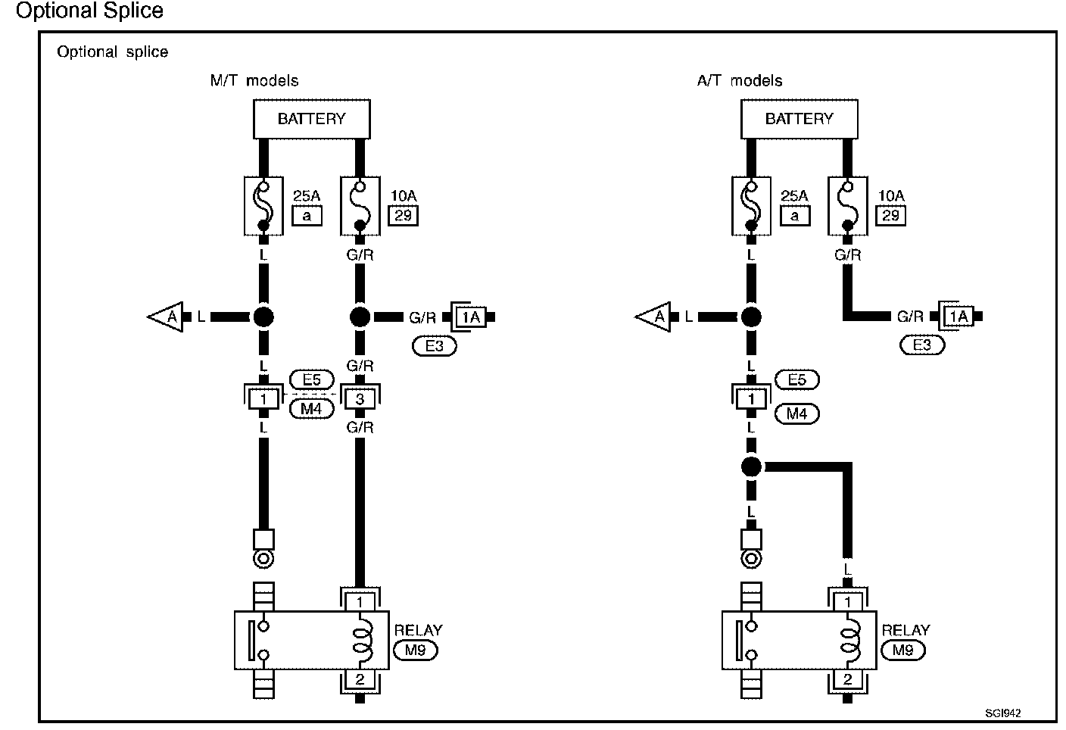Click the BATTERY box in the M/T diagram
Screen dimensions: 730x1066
[311, 119]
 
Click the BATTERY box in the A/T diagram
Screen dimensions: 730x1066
[799, 119]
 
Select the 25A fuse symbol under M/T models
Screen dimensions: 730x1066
[263, 206]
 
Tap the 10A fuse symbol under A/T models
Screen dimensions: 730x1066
[847, 206]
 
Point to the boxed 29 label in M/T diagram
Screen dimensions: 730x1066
[403, 216]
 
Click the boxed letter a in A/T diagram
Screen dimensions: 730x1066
[794, 216]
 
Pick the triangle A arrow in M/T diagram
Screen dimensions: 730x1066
[167, 317]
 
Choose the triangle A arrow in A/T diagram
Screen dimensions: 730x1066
[654, 317]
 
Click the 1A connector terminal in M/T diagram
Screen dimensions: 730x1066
[471, 317]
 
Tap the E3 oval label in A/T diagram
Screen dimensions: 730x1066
[922, 345]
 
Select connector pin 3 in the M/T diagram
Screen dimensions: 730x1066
[360, 399]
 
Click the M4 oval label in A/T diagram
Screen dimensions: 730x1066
[796, 413]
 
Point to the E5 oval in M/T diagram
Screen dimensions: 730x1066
[311, 380]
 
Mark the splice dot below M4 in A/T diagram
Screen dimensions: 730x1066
[750, 466]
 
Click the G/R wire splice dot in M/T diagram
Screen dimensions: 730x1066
[360, 317]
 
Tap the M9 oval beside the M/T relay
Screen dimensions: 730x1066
[416, 650]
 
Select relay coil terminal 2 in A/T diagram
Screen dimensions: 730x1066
[847, 680]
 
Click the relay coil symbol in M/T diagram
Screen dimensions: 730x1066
[361, 641]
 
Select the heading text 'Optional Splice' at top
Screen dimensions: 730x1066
[89, 11]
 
